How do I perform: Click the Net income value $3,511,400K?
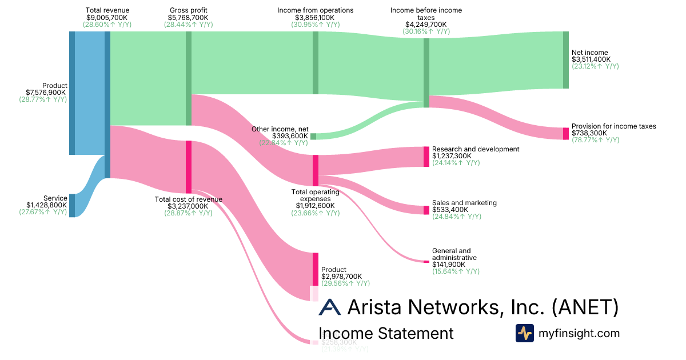(591, 59)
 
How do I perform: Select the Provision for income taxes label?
(613, 126)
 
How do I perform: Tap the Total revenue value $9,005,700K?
(107, 18)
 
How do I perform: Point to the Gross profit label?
(188, 10)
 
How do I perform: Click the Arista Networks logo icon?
(329, 307)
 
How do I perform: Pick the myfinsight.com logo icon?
(524, 333)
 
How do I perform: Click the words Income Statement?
(386, 334)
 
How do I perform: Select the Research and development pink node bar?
(426, 157)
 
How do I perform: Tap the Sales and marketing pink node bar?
(426, 210)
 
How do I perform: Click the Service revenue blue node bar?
(72, 205)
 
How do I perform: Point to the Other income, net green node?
(313, 136)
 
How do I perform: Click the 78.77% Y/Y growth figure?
(595, 140)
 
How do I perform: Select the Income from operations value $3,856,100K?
(315, 18)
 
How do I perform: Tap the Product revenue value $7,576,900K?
(46, 93)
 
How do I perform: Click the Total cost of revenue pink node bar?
(188, 167)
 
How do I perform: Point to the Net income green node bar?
(566, 60)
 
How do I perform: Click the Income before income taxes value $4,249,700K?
(426, 25)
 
